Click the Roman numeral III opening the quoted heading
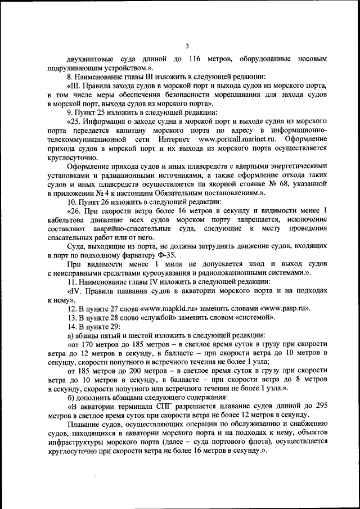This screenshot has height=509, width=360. pos(75,86)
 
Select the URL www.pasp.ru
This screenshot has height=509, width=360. pos(282,309)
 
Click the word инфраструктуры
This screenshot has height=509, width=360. pos(80,443)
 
